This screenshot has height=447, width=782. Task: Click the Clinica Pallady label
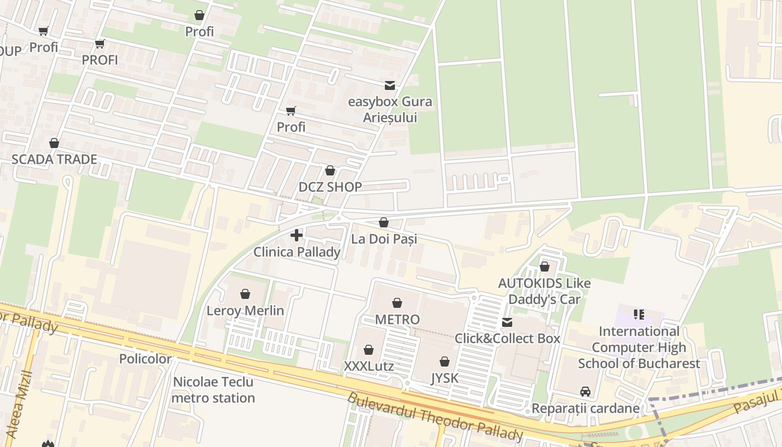(x=297, y=252)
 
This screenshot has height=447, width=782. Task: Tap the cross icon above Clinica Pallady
(x=297, y=235)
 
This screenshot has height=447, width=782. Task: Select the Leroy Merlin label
(x=245, y=311)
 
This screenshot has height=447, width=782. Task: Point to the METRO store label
(x=397, y=320)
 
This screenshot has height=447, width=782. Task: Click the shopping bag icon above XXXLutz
(x=369, y=350)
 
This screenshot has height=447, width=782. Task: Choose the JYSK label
(x=445, y=378)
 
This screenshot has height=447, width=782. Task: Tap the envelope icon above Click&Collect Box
(x=507, y=322)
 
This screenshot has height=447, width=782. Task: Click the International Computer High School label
(x=639, y=348)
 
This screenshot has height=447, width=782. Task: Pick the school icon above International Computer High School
(x=639, y=315)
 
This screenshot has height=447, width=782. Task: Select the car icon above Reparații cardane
(x=585, y=391)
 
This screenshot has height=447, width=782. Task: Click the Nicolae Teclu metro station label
(x=213, y=390)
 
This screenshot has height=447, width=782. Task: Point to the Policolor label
(x=145, y=359)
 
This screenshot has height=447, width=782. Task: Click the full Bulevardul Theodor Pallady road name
(x=435, y=417)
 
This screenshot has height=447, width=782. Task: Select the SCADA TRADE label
(x=54, y=159)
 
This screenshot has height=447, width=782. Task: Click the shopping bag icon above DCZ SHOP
(x=330, y=170)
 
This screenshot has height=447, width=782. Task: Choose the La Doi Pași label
(x=384, y=239)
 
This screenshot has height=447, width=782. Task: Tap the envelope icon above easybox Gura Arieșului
(x=390, y=85)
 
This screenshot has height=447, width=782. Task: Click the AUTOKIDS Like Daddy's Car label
(x=544, y=291)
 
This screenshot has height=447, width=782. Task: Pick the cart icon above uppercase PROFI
(x=100, y=44)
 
